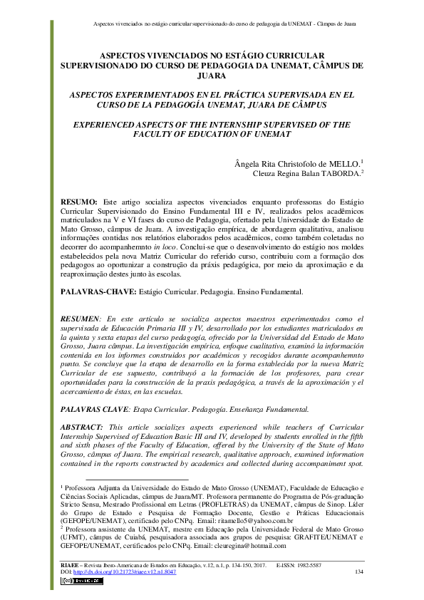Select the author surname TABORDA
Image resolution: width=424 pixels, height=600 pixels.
[339, 172]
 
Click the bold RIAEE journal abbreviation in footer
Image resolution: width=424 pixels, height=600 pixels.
[69, 564]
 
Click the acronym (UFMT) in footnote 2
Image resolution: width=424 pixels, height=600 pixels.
[73, 538]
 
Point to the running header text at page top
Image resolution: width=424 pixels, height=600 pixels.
[224, 24]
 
